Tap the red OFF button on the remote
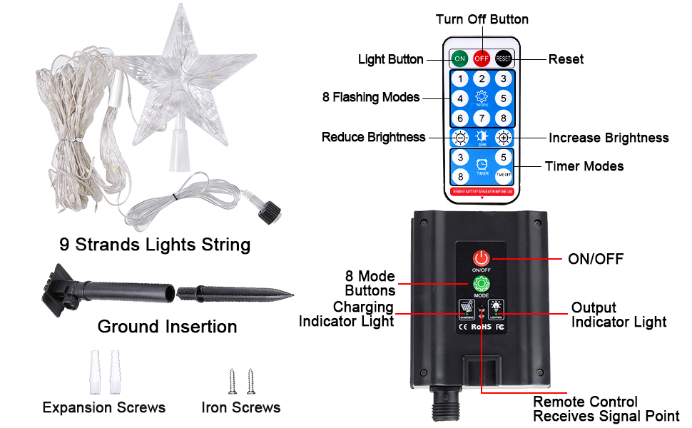[x=482, y=58]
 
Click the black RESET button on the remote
[x=504, y=58]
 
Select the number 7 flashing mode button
[x=482, y=118]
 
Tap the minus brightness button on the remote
[x=461, y=138]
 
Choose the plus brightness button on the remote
[x=504, y=138]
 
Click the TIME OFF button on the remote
[x=504, y=176]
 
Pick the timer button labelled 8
[x=461, y=176]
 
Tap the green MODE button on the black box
[x=482, y=283]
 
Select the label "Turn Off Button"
[x=482, y=19]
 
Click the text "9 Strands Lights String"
[x=155, y=245]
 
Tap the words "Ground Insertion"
[x=167, y=327]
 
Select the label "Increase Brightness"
[x=609, y=138]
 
